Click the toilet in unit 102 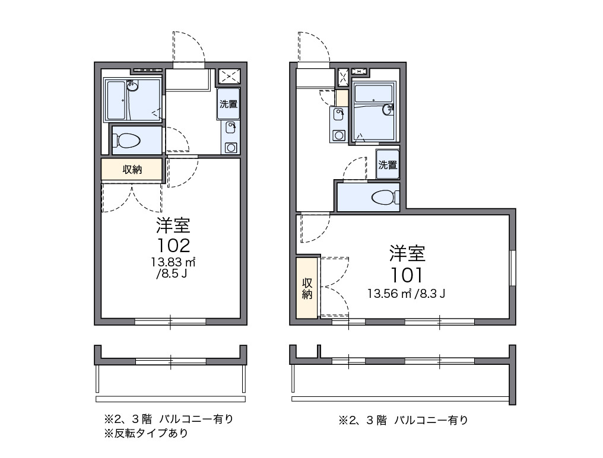128,141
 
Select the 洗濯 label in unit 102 228,104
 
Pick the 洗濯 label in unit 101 388,165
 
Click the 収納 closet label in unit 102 132,170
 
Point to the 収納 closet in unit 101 307,288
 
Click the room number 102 173,244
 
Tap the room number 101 407,275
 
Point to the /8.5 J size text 173,274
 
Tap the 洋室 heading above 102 173,225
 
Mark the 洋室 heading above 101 407,254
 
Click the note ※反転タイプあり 146,434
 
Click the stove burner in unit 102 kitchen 230,147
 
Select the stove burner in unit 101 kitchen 339,135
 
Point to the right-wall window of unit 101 513,268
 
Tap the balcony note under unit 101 403,421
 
